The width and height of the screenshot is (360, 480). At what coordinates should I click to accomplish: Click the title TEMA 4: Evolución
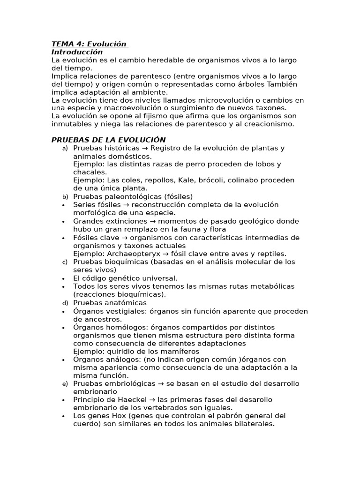pos(89,44)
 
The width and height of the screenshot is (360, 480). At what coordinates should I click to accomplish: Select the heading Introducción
pos(77,52)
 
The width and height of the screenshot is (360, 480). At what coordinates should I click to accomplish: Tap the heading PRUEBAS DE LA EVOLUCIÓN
pos(108,140)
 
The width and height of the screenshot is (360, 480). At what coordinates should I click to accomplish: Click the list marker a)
pos(65,148)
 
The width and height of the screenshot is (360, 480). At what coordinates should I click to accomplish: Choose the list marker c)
pos(65,262)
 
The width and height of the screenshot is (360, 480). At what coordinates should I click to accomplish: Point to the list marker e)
pos(65,384)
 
